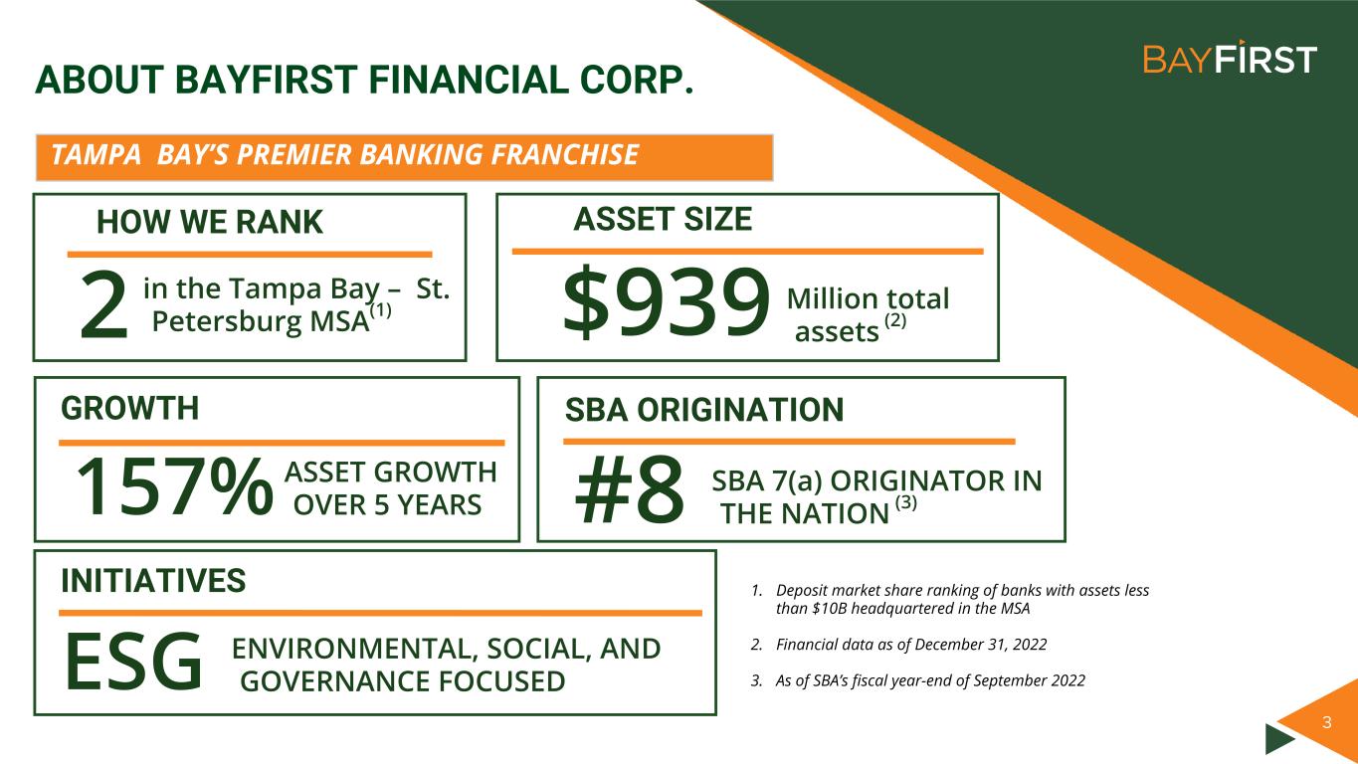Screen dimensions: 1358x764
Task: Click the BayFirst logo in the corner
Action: click(1230, 59)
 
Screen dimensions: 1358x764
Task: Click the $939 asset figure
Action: click(667, 301)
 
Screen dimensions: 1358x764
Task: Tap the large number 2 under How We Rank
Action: click(103, 304)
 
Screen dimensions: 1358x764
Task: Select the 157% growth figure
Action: click(175, 486)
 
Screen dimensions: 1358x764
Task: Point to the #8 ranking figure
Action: click(630, 488)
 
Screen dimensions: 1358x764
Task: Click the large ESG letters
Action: click(132, 661)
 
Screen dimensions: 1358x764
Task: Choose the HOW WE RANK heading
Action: click(210, 221)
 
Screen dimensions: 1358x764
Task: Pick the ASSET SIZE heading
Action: click(663, 219)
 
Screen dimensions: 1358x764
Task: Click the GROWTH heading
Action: click(129, 408)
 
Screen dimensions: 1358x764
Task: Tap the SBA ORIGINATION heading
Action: click(704, 409)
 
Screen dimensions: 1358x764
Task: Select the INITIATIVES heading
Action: click(153, 580)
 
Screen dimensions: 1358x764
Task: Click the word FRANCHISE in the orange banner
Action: click(564, 154)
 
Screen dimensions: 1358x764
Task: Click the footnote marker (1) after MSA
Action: click(381, 311)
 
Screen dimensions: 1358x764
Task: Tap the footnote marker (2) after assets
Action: click(895, 320)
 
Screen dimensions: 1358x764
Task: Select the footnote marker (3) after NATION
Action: click(906, 503)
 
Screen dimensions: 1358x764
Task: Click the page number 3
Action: click(1327, 722)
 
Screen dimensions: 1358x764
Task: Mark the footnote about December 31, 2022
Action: click(899, 645)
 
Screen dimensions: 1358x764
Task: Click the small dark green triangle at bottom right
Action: click(1279, 738)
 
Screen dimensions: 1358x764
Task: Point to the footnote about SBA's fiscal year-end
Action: click(918, 680)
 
